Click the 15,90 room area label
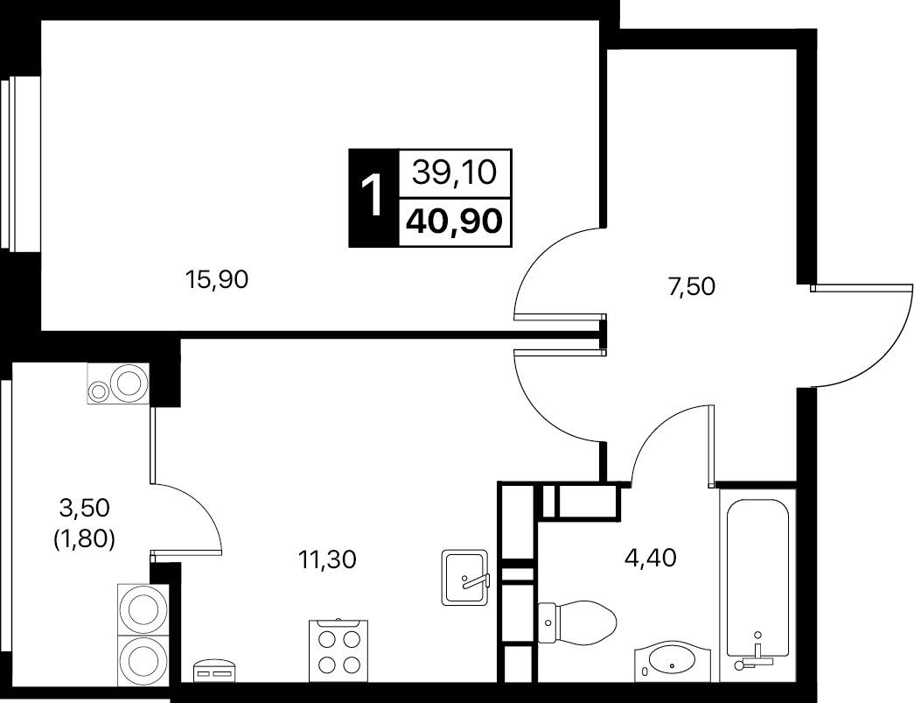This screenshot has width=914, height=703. pyautogui.click(x=217, y=281)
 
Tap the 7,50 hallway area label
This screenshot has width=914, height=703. pyautogui.click(x=692, y=287)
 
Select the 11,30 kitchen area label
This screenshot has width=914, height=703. pyautogui.click(x=327, y=560)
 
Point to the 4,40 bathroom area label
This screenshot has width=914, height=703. pyautogui.click(x=650, y=558)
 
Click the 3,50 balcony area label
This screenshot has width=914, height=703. pyautogui.click(x=85, y=508)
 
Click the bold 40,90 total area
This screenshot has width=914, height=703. pyautogui.click(x=455, y=221)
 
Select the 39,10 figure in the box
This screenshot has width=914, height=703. pyautogui.click(x=454, y=172)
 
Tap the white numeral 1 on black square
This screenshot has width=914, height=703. pyautogui.click(x=373, y=196)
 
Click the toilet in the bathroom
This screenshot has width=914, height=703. pyautogui.click(x=577, y=622)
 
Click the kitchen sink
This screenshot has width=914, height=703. pyautogui.click(x=464, y=577)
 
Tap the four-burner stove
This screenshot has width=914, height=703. pyautogui.click(x=338, y=650)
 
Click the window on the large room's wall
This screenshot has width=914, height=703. pyautogui.click(x=5, y=164)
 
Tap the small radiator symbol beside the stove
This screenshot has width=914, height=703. pyautogui.click(x=213, y=671)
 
